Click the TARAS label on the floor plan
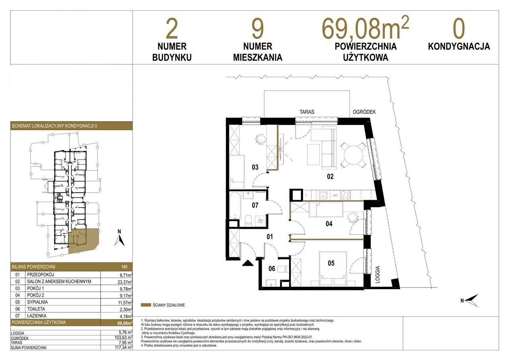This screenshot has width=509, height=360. click(307, 112)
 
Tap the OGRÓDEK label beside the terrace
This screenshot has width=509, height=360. click(364, 112)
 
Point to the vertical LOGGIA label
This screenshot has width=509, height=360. click(377, 274)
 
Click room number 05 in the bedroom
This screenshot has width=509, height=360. click(331, 263)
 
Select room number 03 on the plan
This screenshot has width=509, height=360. click(255, 167)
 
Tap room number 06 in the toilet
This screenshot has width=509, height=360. click(272, 269)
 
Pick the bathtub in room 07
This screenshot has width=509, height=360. click(235, 206)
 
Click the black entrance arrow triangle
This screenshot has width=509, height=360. click(248, 263)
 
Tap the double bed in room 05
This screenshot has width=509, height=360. click(333, 269)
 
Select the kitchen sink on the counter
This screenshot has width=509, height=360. click(322, 195)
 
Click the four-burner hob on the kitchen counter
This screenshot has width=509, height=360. click(345, 195)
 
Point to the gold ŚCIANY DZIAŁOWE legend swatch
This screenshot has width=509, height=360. click(146, 305)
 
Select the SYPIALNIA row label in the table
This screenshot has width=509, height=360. click(37, 302)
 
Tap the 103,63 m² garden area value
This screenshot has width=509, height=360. click(123, 337)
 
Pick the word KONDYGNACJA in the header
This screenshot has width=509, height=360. click(459, 47)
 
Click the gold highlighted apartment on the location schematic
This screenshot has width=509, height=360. click(83, 241)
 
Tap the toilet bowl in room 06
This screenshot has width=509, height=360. click(284, 269)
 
